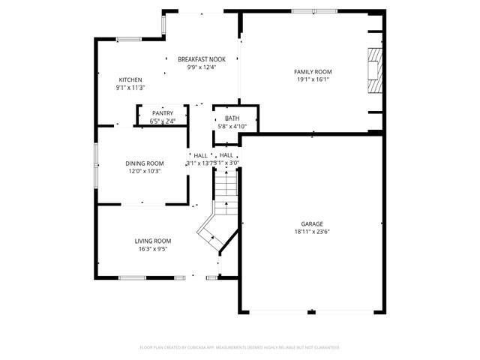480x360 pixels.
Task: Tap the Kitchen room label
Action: click(130, 80)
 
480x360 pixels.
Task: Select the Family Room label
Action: click(313, 71)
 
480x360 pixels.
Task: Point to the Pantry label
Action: click(162, 113)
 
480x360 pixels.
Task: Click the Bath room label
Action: click(232, 118)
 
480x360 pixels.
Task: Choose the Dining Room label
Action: click(144, 163)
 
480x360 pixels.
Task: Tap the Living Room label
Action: click(153, 241)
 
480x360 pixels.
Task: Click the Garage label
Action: click(312, 224)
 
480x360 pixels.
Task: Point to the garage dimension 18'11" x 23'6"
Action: click(312, 232)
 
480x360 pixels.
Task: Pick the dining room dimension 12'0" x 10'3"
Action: click(144, 171)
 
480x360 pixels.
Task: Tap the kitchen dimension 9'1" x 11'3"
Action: click(130, 88)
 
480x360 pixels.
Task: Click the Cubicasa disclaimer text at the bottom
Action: click(240, 347)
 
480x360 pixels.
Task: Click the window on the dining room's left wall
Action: click(95, 164)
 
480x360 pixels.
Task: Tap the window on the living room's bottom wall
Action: click(132, 277)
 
